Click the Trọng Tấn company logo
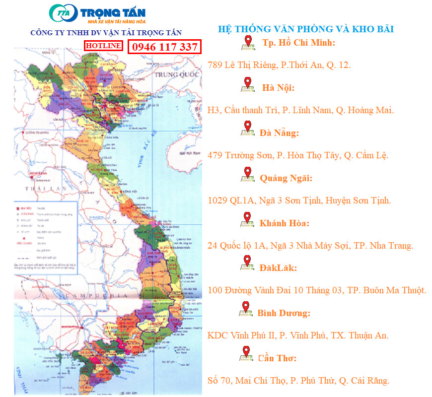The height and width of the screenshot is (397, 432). point(97,14)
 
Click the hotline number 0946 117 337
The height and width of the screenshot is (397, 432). point(164,47)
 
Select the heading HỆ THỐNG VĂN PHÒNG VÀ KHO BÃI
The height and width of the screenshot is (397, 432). point(306,29)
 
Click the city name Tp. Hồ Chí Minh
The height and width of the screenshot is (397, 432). point(298,43)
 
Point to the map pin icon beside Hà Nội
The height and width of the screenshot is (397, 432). point(247,85)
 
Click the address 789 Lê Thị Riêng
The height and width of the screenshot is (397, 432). point(279,65)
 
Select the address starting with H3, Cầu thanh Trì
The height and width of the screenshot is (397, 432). point(300,110)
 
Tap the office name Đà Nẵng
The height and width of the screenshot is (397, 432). point(279,133)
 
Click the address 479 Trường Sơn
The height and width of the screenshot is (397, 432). point(298,155)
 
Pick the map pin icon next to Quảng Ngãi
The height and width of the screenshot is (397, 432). point(247,175)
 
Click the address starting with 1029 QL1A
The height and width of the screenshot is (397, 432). point(299,200)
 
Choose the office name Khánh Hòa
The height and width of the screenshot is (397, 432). point(284,223)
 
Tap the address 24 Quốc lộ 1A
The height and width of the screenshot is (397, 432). point(310,246)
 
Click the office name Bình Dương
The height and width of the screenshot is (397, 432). point(284,313)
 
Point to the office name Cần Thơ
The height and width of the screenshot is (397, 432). point(277,358)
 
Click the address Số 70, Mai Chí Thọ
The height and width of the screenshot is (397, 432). point(298,381)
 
